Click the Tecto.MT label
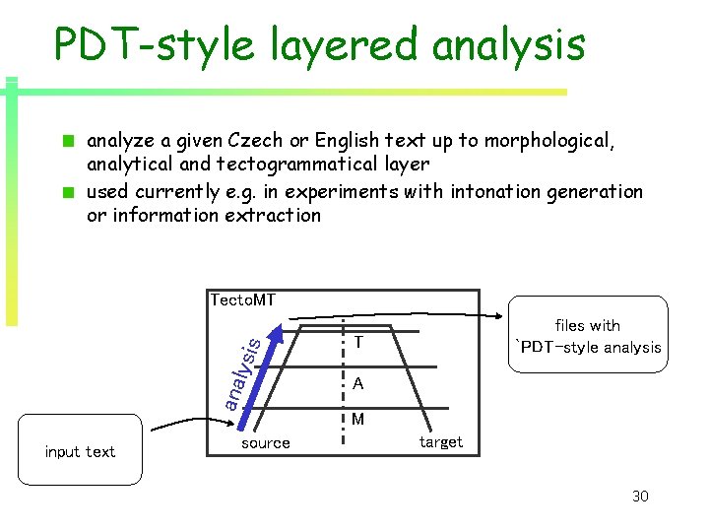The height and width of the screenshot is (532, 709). point(242,299)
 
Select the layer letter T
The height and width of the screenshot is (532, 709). point(359,343)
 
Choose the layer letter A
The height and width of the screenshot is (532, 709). point(359,383)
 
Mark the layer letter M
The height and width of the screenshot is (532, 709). point(358,420)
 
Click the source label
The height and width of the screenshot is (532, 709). point(266,443)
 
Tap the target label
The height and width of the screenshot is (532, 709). point(440,442)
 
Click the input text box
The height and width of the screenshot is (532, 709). point(80,452)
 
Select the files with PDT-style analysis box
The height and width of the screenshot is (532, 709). point(587,336)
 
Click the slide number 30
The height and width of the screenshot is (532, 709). point(640,496)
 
